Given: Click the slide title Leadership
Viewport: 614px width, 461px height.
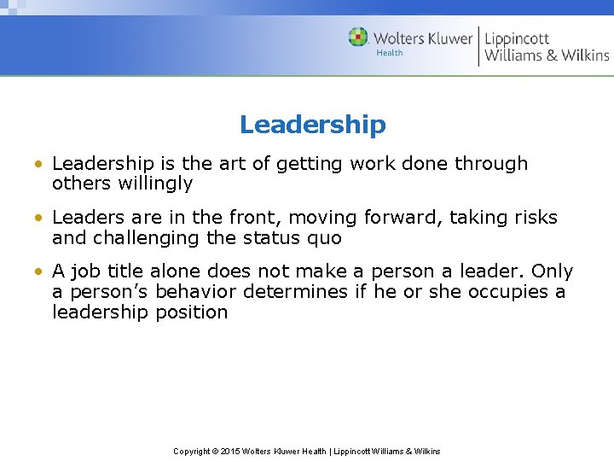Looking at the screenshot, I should point(312,125).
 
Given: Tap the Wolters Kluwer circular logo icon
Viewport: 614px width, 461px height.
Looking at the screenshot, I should point(358,38).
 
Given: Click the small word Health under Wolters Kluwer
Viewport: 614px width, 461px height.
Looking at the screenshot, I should point(390,53).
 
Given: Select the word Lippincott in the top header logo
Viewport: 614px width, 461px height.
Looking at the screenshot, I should point(518,38).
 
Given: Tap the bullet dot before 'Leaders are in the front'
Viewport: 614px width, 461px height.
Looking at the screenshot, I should point(40,218).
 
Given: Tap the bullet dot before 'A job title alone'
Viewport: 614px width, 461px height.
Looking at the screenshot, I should point(40,271).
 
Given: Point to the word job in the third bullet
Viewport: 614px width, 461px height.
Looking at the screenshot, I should point(85,271).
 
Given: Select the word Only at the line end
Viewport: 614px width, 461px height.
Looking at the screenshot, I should point(552,271).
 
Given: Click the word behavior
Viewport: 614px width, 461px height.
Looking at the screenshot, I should point(194,292).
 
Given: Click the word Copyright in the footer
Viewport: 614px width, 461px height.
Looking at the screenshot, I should point(192,451).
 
